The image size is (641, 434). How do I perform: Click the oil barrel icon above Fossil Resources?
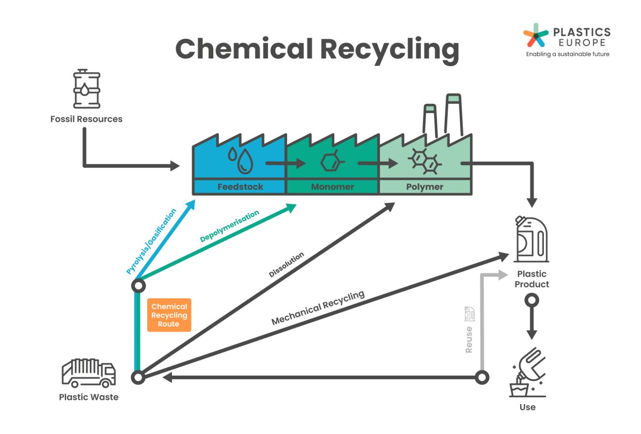(86, 90)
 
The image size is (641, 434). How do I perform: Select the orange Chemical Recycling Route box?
(169, 315)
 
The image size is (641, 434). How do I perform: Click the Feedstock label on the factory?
(240, 187)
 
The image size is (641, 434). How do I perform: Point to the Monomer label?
(333, 187)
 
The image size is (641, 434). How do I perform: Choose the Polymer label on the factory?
(425, 187)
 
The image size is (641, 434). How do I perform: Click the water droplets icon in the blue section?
(241, 160)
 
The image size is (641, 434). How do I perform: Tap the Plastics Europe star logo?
(536, 35)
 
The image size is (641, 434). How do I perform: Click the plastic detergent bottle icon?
(531, 240)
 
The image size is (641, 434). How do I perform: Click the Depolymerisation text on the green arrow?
(229, 226)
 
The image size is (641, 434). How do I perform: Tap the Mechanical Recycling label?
(318, 308)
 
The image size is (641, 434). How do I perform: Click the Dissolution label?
(286, 265)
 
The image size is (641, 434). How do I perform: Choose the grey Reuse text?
(468, 339)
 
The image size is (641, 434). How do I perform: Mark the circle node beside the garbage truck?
(138, 377)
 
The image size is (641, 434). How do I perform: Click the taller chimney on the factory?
(453, 114)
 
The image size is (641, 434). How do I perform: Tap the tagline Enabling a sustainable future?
(568, 54)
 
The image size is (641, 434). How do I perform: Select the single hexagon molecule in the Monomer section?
(330, 163)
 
